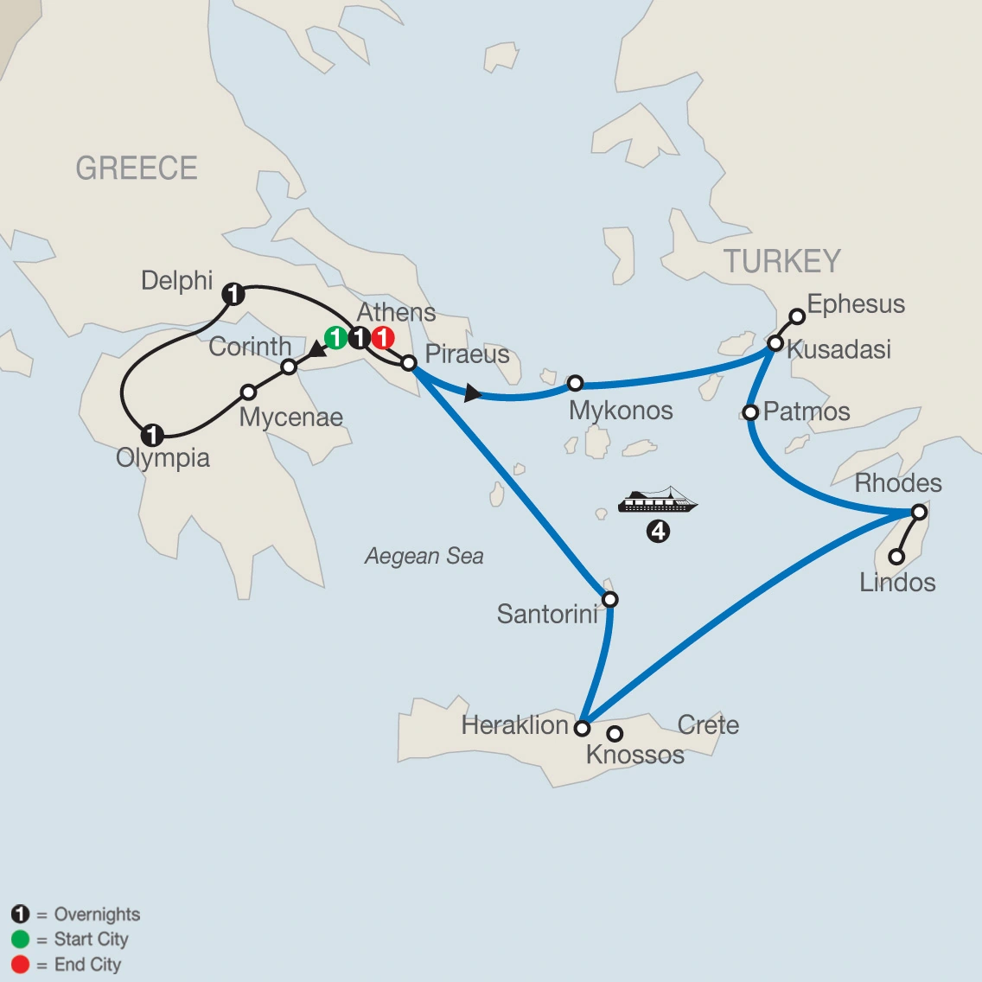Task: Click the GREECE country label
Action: pos(137,168)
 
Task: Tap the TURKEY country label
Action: pos(781,261)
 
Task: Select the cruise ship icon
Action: pos(658,501)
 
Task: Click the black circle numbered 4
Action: pos(658,532)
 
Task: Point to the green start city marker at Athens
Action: pos(335,338)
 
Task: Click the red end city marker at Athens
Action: pos(383,338)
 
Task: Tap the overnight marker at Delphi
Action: pos(233,294)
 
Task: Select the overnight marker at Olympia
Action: pos(152,434)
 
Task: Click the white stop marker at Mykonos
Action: pos(575,383)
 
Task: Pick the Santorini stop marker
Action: pos(609,599)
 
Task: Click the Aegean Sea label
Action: pos(424,556)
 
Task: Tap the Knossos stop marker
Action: pos(615,734)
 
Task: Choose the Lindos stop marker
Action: pos(897,557)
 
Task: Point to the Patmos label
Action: pos(807,411)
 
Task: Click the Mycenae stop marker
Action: pos(248,392)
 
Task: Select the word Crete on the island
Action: pos(708,724)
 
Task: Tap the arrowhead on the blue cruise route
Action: pos(472,394)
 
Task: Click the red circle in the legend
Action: pos(20,964)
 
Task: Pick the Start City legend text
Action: pos(91,939)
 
